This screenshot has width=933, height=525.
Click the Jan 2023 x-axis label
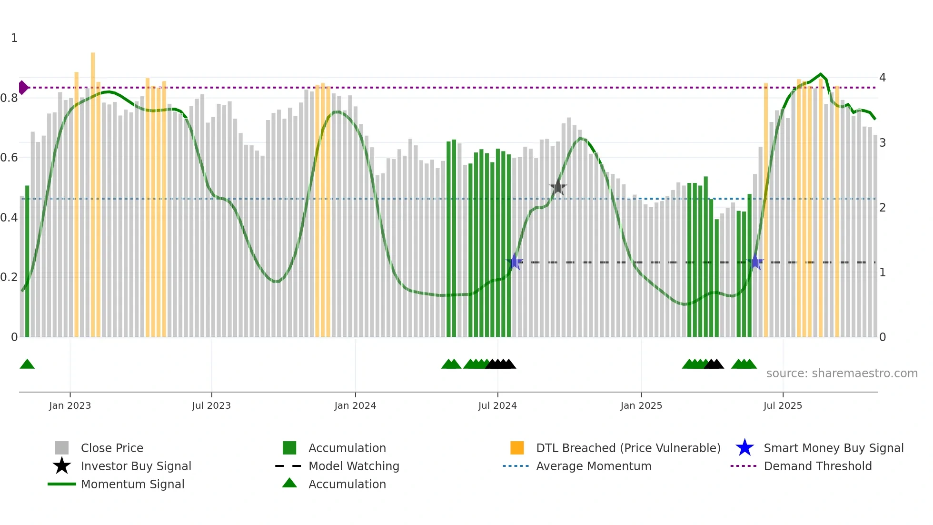[69, 405]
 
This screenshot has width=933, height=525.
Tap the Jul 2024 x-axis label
[497, 405]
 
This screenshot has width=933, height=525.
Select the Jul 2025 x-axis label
[783, 405]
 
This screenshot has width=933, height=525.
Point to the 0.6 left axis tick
[9, 158]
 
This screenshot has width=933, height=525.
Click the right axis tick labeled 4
[882, 78]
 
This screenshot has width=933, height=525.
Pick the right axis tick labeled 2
[882, 208]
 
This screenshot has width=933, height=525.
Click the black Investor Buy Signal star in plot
[557, 188]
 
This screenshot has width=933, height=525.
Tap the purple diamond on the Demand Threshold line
[23, 88]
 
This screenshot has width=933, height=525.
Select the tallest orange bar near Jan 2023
[93, 191]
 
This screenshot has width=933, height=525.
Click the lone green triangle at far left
[27, 364]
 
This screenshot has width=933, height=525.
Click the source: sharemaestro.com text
[842, 374]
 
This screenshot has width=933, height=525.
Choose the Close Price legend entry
[112, 448]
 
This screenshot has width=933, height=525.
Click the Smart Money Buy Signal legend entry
[833, 448]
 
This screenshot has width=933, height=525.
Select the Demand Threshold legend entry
[817, 466]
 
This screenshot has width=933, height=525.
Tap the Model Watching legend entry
[353, 466]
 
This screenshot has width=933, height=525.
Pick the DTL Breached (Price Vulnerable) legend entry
[628, 448]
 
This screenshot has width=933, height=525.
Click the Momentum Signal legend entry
[132, 484]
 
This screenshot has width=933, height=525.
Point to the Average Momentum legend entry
[593, 466]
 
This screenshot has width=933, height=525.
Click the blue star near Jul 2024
[514, 262]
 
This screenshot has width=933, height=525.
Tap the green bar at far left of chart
[27, 262]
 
